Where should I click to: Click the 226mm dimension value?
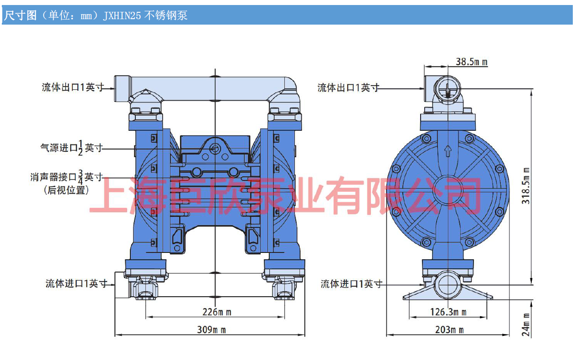pyautogui.click(x=217, y=312)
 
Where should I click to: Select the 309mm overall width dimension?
pyautogui.click(x=211, y=329)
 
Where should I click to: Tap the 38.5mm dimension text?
pyautogui.click(x=471, y=62)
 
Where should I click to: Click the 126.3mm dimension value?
pyautogui.click(x=448, y=312)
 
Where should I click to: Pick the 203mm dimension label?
pyautogui.click(x=449, y=329)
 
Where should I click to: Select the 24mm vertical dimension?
pyautogui.click(x=526, y=324)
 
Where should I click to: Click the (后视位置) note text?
pyautogui.click(x=67, y=190)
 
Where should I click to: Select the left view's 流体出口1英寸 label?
pyautogui.click(x=73, y=87)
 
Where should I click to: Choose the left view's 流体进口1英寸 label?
pyautogui.click(x=77, y=283)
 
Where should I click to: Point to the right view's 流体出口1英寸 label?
pyautogui.click(x=348, y=87)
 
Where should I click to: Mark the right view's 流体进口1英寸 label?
pyautogui.click(x=351, y=284)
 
